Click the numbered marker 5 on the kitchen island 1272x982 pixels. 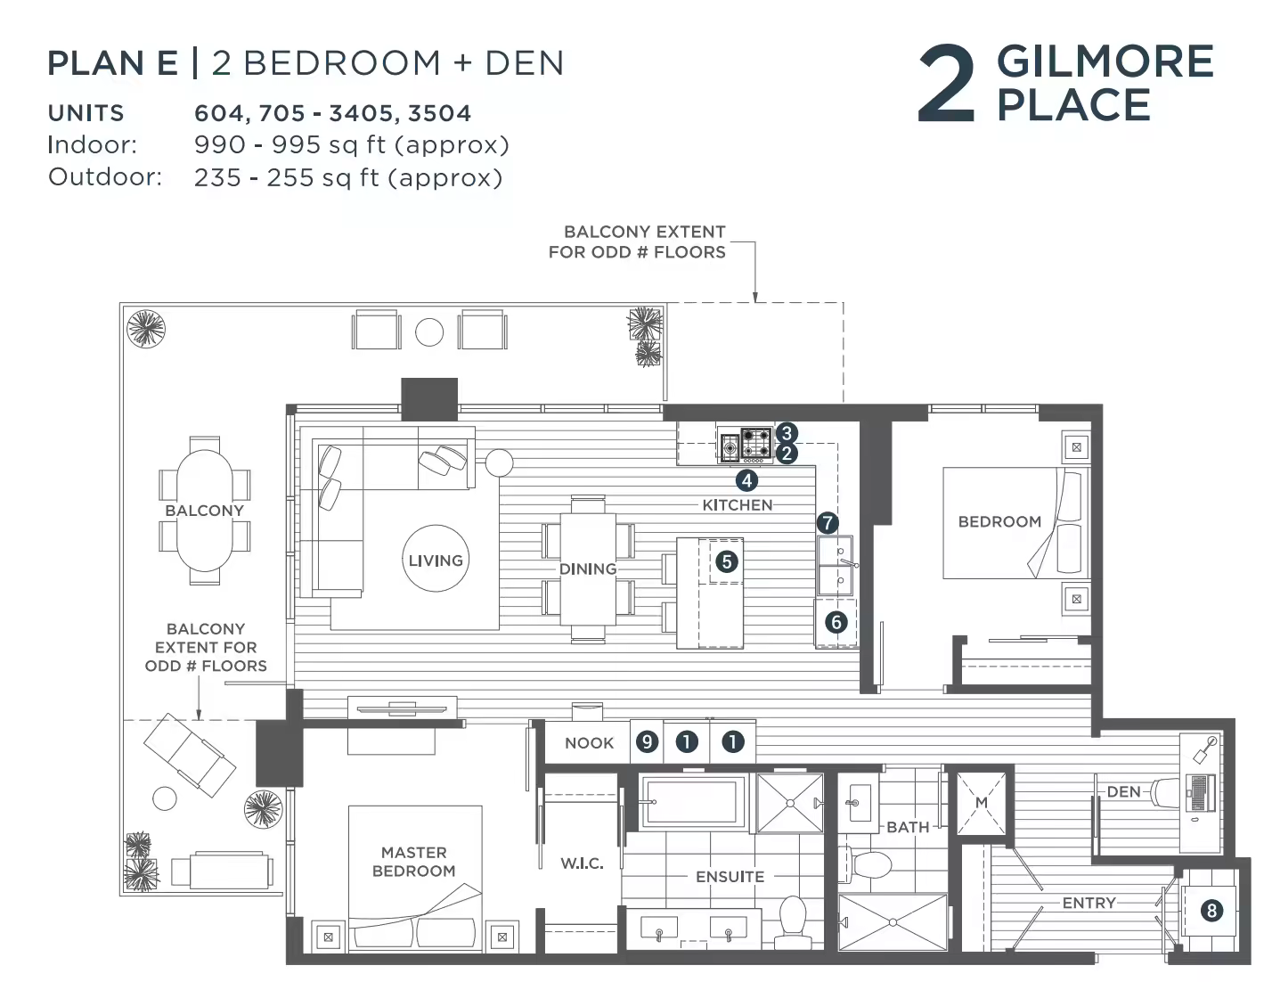727,562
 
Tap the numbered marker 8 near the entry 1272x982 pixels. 1211,911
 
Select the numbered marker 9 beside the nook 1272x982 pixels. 647,742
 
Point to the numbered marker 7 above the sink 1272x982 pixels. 828,523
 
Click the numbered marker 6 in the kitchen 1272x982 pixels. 836,622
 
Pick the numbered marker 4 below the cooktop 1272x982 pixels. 746,481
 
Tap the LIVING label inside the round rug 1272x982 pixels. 436,561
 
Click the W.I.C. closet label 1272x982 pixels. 582,863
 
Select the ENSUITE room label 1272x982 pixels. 730,877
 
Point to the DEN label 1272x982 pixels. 1123,791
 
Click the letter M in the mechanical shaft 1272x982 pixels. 981,802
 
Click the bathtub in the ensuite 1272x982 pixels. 692,802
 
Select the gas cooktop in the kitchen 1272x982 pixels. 756,443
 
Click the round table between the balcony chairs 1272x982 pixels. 429,332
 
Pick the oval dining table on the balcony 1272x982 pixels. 205,510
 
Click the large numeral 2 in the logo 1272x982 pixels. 947,85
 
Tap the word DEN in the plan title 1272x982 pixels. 525,62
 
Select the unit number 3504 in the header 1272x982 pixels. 439,113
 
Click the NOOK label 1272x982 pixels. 589,743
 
